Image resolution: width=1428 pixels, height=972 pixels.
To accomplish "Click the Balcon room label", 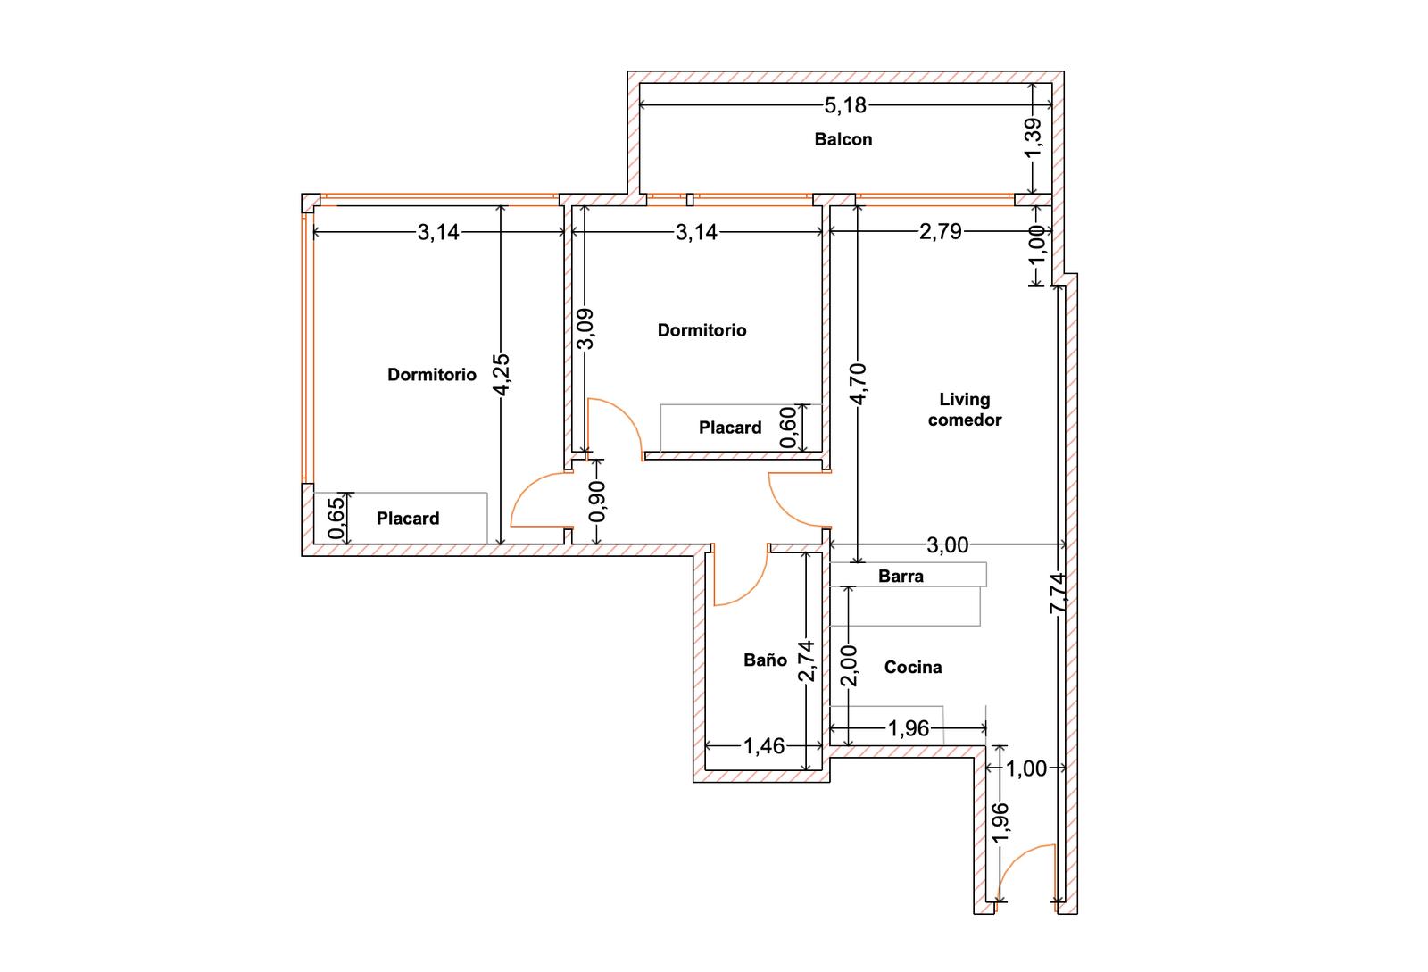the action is tap(843, 139).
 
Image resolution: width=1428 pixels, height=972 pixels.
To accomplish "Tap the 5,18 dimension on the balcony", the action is tap(845, 105).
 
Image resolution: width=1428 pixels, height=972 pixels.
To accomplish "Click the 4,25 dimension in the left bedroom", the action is tap(502, 375).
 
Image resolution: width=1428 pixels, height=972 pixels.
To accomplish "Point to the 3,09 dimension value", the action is tap(585, 328).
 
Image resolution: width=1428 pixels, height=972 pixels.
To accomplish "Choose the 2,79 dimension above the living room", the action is tap(941, 231).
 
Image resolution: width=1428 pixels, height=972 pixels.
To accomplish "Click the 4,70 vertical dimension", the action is tap(858, 384).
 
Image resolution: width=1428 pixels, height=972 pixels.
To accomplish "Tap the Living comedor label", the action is tap(965, 409).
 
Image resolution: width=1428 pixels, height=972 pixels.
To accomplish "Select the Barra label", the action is tap(901, 577).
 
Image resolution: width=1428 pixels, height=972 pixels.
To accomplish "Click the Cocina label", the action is tap(913, 668).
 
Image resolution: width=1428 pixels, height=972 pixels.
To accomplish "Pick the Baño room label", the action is tap(765, 660).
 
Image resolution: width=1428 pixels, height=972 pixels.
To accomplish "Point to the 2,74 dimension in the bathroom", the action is tap(807, 661).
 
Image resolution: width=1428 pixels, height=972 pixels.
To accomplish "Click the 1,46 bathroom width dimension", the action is tap(764, 745).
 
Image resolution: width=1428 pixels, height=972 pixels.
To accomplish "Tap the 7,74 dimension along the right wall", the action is tap(1059, 594).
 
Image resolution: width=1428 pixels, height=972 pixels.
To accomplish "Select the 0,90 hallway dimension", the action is tap(597, 502).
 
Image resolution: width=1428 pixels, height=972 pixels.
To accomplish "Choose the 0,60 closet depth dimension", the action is tap(789, 427).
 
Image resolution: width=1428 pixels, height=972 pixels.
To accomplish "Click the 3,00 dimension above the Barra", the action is tap(947, 545).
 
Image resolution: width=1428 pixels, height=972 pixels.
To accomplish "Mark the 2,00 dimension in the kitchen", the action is tap(849, 666).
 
